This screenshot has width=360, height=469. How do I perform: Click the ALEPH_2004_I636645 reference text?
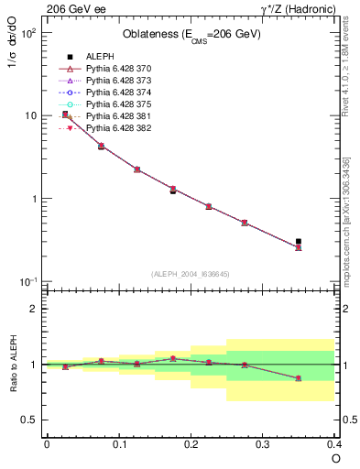point(191,274)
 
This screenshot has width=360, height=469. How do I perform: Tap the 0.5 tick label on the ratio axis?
point(32,420)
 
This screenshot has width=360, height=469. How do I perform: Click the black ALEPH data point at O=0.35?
point(299,242)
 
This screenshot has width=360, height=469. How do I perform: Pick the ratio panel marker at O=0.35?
point(299,378)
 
